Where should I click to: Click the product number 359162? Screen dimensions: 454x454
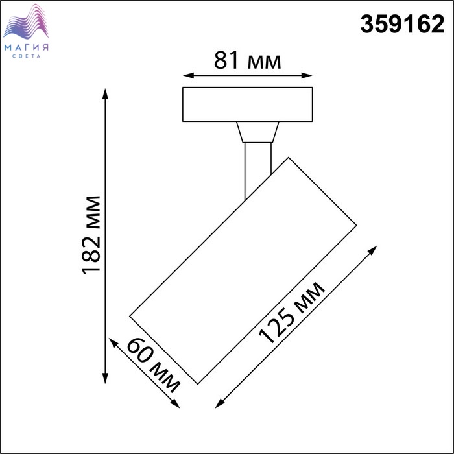[402, 24]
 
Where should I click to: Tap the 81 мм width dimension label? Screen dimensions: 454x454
[248, 60]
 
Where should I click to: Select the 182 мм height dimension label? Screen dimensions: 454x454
[91, 235]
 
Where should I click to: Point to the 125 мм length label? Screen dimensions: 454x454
[292, 312]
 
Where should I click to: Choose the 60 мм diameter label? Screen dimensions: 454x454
[154, 365]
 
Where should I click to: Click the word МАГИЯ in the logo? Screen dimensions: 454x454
[27, 47]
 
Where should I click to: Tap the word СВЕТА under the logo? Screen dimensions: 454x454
[27, 56]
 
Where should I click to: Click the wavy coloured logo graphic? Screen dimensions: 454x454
[26, 21]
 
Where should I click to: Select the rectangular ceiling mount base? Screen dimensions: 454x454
[248, 104]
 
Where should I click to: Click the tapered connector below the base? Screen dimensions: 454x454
[257, 132]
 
